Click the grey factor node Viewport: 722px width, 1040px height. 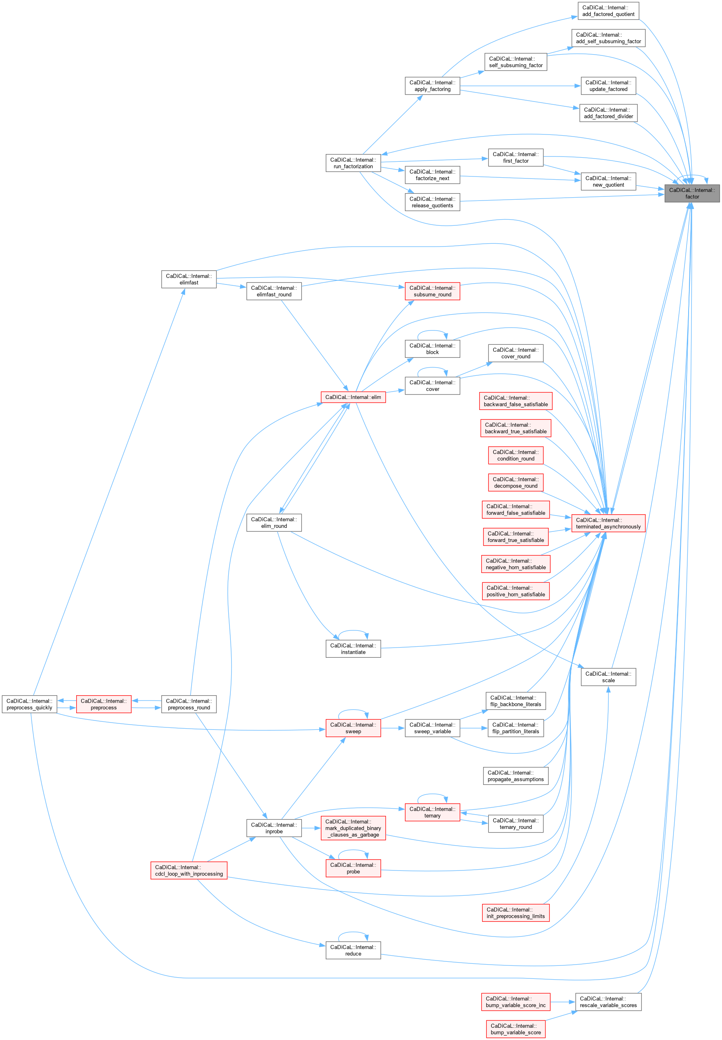point(692,194)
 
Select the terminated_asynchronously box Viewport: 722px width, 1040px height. point(608,523)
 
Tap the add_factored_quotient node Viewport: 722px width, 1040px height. point(608,11)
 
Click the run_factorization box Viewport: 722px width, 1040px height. point(353,163)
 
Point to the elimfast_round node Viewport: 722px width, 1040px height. point(274,291)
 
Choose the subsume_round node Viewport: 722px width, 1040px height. point(432,291)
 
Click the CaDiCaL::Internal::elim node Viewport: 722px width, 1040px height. point(353,397)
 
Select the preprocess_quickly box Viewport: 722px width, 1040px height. point(29,704)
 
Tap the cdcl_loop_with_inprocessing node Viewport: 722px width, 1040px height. point(189,870)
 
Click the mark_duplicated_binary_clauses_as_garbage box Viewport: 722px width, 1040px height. point(353,828)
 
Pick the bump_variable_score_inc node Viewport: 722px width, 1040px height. point(515,1002)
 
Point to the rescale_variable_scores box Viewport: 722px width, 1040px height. point(608,1002)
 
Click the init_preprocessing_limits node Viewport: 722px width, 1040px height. point(515,912)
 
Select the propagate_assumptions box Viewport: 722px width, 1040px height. point(515,776)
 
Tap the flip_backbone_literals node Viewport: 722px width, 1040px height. point(515,701)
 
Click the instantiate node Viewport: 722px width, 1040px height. point(353,649)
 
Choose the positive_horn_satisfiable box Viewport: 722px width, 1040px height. point(515,591)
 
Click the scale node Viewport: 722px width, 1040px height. point(608,677)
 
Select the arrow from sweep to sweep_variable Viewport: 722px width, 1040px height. point(392,728)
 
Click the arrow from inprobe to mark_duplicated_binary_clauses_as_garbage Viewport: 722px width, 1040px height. point(311,828)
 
